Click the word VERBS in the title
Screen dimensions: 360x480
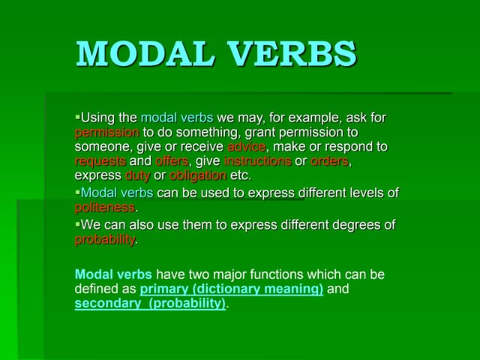tap(296, 54)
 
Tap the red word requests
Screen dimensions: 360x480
tap(100, 160)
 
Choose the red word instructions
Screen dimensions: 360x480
tap(257, 160)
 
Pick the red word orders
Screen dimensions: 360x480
tap(330, 160)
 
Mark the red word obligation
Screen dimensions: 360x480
tap(198, 175)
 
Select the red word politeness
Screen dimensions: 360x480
tap(104, 207)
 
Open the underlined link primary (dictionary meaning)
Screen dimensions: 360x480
tap(232, 289)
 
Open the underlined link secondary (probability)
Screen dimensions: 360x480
tap(150, 304)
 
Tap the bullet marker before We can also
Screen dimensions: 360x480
tap(77, 223)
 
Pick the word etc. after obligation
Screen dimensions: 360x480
tap(241, 175)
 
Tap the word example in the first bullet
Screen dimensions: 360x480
tap(303, 118)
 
